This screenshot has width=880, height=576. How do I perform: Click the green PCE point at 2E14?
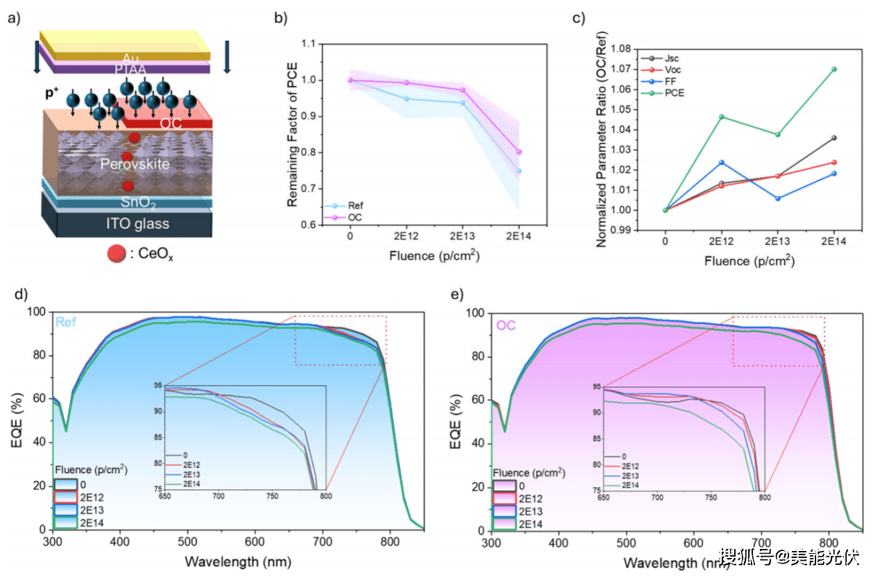click(834, 69)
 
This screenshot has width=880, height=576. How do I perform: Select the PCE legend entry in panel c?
click(672, 93)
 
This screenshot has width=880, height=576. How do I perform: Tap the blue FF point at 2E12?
click(721, 162)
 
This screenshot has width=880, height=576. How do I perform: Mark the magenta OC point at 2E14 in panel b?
click(518, 152)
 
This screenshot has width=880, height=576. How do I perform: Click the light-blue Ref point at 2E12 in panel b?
click(407, 99)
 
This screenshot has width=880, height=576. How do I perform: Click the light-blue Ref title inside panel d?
click(67, 323)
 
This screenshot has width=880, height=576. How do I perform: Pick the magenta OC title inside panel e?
click(506, 325)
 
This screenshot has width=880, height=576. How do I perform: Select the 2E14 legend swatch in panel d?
click(65, 523)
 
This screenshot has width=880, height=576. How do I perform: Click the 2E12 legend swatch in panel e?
click(503, 497)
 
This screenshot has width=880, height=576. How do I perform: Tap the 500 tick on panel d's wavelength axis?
click(187, 541)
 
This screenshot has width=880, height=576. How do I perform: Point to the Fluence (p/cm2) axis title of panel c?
click(749, 261)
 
